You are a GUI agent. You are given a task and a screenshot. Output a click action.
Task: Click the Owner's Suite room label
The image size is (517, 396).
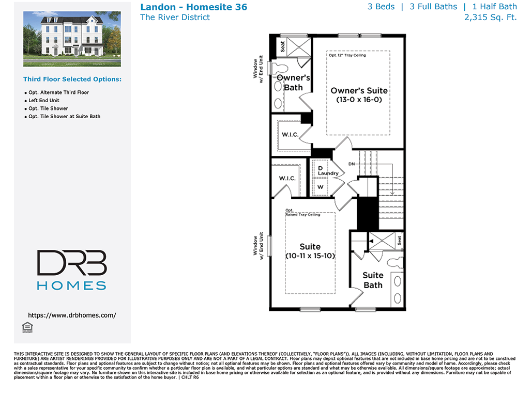pos(359,90)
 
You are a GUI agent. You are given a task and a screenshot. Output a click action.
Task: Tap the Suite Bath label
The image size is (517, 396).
pos(373,280)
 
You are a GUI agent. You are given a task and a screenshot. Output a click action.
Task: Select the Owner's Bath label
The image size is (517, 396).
pos(294,83)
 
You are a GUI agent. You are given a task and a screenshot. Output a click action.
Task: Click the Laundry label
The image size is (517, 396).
pos(328,173)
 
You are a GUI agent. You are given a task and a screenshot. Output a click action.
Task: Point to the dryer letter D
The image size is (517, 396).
pos(320,168)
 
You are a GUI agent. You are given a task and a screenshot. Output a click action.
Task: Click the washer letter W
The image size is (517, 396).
pos(320,187)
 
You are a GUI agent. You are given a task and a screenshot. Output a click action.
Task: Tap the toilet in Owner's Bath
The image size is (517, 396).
pos(278,68)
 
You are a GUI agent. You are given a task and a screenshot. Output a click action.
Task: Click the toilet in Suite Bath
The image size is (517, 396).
pos(395,263)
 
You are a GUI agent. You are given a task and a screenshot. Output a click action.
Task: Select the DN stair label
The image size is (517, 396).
pos(352,164)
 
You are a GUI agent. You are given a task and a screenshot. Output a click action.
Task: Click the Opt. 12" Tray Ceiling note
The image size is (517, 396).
pos(347,55)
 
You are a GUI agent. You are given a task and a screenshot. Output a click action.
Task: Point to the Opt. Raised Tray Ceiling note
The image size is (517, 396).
pos(302,212)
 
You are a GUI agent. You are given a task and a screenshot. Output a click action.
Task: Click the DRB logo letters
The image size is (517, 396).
pos(72,262)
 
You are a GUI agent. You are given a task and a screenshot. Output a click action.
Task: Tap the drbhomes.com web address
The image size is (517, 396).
pos(72,315)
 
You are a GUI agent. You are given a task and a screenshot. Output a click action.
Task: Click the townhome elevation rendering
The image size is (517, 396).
pos(72,39)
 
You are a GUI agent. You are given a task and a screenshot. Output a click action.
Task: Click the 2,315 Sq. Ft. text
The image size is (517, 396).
pos(490,18)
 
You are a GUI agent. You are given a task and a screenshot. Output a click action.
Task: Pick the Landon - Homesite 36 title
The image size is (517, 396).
pos(193,7)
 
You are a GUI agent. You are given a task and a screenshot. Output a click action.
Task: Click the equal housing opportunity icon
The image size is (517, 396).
pos(27,327)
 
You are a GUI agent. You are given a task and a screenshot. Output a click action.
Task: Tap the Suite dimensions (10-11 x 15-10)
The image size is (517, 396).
pos(310,256)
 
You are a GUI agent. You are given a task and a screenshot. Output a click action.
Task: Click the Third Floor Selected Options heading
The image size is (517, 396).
pos(72,80)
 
